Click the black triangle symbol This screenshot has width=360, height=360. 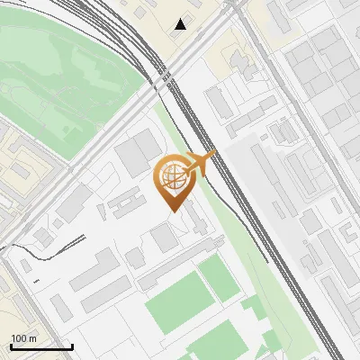[x=181, y=24]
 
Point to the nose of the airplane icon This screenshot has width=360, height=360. [x=213, y=155]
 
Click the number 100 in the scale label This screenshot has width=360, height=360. [x=18, y=338]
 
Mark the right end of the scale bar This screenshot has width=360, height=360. [x=72, y=346]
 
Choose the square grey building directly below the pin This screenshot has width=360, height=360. [x=164, y=238]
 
